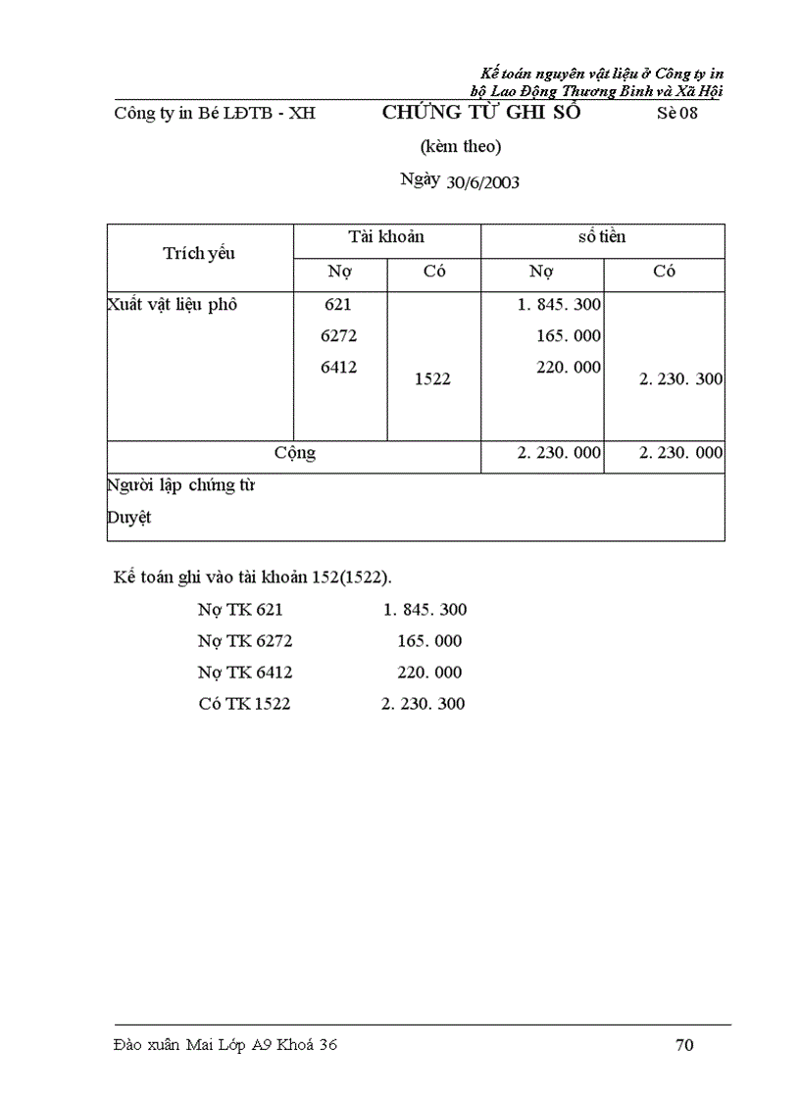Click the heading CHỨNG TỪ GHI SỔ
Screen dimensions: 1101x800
[x=481, y=112]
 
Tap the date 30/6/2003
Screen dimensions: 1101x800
[x=482, y=182]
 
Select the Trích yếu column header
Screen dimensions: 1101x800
[x=199, y=254]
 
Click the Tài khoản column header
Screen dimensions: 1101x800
[x=386, y=237]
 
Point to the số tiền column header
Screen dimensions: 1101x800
[x=602, y=237]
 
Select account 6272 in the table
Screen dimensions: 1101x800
[x=338, y=336]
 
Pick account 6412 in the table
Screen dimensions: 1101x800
[x=338, y=368]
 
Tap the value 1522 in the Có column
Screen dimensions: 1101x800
[x=432, y=378]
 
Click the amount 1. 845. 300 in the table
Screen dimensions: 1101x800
[x=560, y=305]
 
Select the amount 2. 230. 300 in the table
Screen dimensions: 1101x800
[x=681, y=379]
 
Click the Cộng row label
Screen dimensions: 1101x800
[x=294, y=453]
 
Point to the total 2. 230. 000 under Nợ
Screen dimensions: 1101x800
[x=560, y=453]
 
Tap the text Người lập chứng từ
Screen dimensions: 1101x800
[x=180, y=485]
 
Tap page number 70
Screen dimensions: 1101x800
[x=684, y=1045]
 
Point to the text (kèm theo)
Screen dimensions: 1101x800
[x=461, y=147]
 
